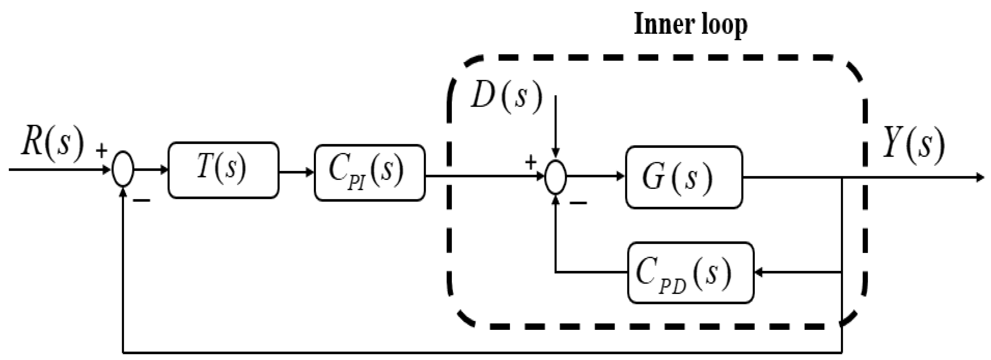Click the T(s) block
223,170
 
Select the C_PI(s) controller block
370,173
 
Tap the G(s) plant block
684,177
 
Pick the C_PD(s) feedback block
690,273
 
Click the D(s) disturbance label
506,97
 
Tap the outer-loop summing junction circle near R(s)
123,169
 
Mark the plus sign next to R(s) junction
101,151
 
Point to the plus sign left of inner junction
530,163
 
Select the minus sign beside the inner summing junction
578,202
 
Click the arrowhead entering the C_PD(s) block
759,273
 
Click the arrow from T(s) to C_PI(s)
296,172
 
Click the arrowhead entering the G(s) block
620,177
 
